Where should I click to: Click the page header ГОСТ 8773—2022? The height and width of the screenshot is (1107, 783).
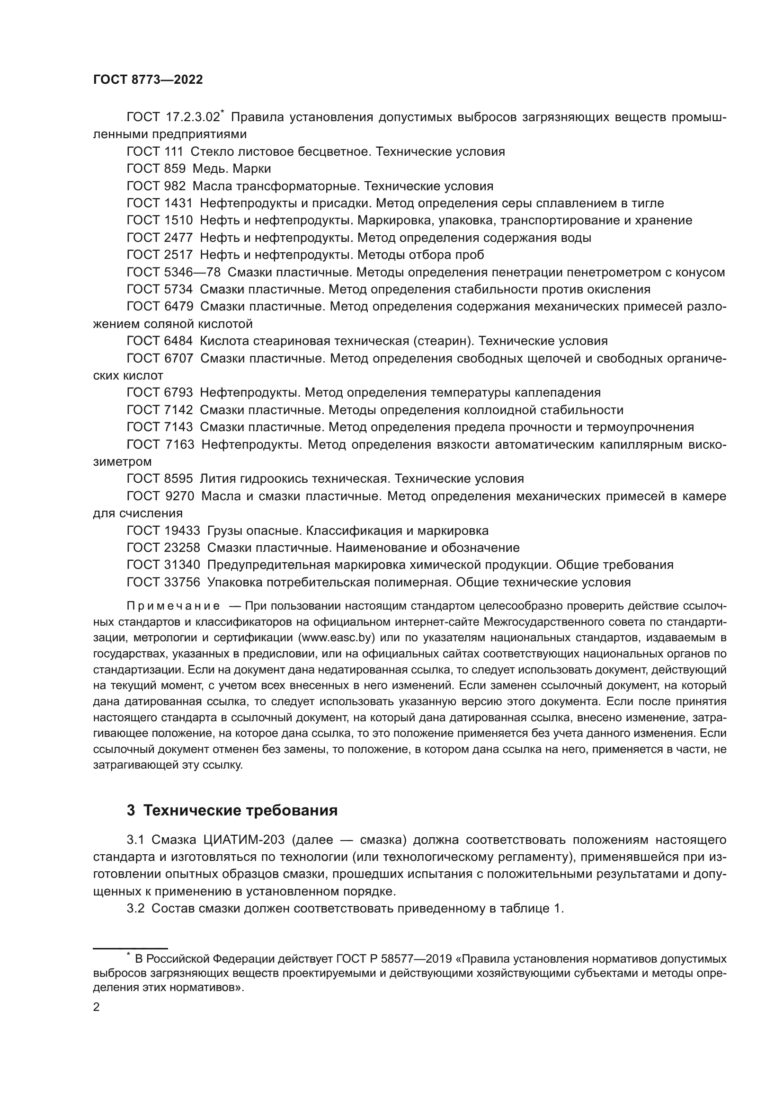pos(148,80)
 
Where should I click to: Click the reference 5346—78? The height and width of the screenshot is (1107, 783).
pos(192,273)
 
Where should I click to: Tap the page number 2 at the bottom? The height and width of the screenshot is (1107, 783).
pos(97,1007)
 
